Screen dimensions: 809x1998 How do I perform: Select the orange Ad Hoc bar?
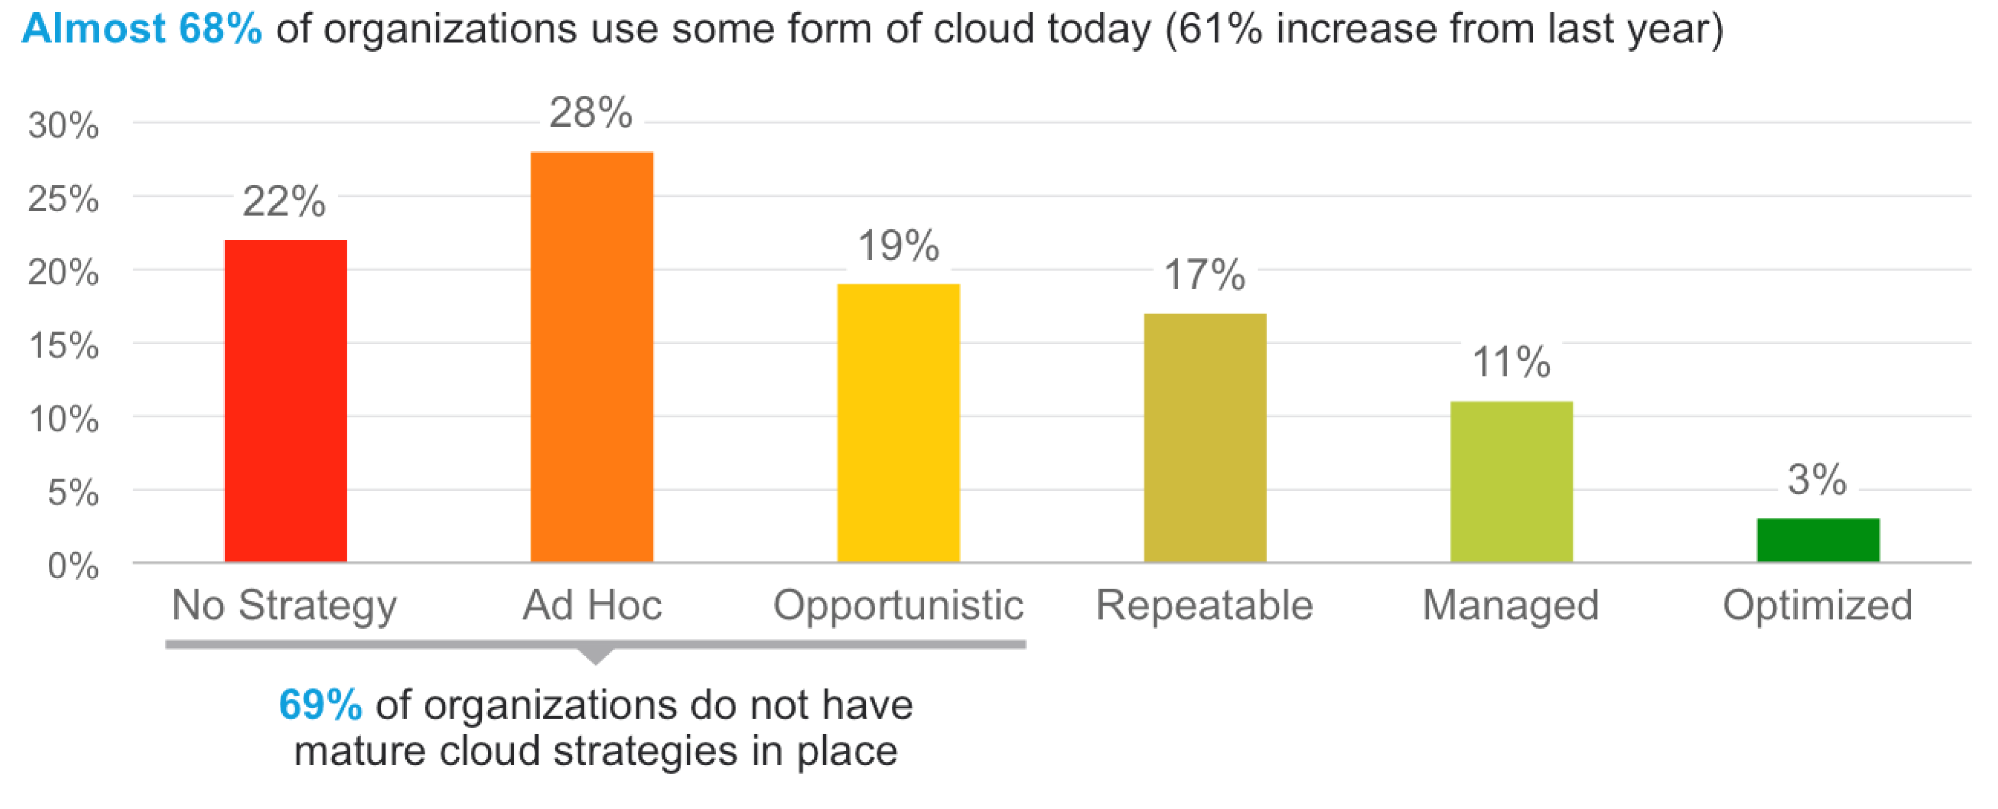pos(592,357)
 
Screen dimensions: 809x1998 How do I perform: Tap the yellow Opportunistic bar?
pos(898,423)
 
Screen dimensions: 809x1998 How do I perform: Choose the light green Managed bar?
pos(1511,481)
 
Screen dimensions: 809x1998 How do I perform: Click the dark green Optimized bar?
pos(1818,540)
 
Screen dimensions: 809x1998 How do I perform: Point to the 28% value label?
pos(591,113)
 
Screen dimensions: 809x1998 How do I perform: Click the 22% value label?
pos(284,201)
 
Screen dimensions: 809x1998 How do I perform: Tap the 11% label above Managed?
pos(1511,362)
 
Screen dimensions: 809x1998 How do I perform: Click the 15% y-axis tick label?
pos(63,346)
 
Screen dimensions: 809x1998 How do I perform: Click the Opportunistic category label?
pos(898,605)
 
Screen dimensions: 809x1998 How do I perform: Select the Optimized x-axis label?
pos(1817,605)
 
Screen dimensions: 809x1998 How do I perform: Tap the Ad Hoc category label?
pos(592,605)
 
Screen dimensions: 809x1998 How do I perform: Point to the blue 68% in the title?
pos(220,29)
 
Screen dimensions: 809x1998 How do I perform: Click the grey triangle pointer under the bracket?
pos(595,655)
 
